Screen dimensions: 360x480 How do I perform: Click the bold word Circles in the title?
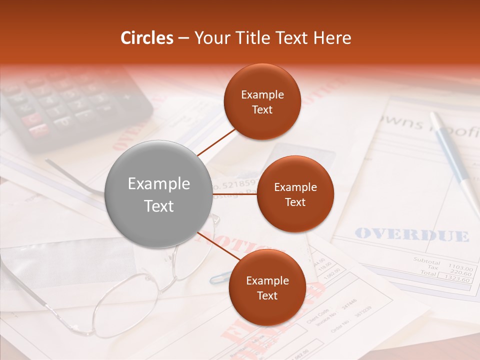click(147, 38)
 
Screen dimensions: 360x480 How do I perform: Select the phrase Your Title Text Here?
click(272, 38)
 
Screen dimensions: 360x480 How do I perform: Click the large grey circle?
click(159, 194)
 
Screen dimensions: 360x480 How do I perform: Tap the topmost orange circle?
click(262, 102)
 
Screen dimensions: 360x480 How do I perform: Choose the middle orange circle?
click(295, 194)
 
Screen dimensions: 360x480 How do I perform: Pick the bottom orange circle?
click(267, 287)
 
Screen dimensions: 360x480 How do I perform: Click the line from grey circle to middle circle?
click(234, 193)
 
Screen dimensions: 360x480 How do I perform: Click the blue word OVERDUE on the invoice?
click(412, 234)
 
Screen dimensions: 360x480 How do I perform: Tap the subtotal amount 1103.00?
click(459, 267)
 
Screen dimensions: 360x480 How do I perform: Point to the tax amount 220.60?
click(460, 273)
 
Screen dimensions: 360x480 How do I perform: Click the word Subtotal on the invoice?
click(426, 261)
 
